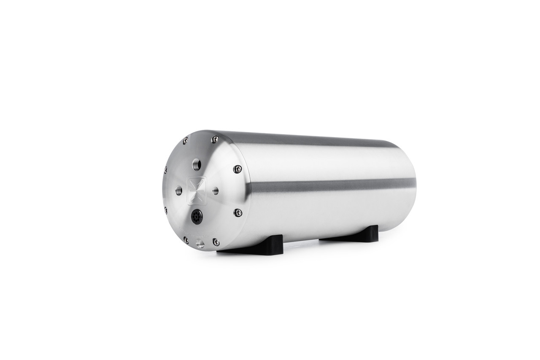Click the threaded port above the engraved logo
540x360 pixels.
(196, 164)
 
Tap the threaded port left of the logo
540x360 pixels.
(179, 191)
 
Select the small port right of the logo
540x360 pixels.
(215, 191)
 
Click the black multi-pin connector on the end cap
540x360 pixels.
(197, 217)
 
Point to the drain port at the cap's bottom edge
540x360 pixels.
(200, 243)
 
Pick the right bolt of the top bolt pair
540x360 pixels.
(215, 139)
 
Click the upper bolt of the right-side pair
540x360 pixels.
(238, 169)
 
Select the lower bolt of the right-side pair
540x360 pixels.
(238, 212)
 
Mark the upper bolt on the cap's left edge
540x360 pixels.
(165, 170)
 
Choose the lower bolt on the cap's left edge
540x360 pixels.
(165, 210)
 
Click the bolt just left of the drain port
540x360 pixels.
(186, 239)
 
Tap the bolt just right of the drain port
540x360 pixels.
(216, 242)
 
